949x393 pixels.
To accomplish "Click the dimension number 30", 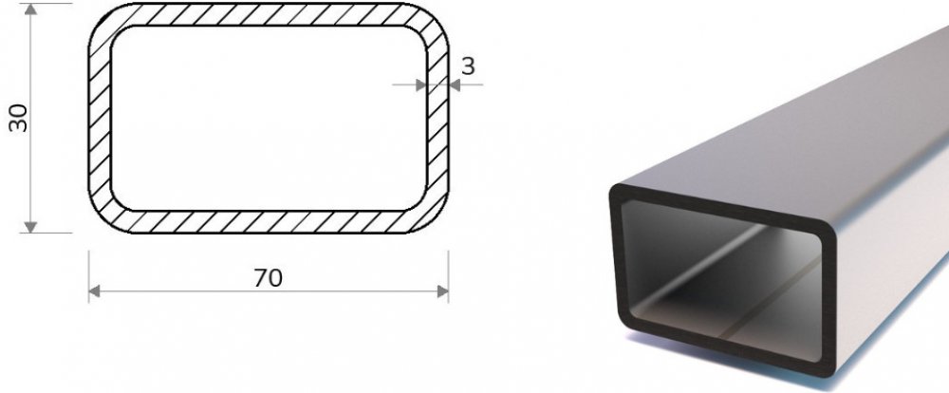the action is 19,118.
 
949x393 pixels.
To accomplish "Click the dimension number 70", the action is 269,278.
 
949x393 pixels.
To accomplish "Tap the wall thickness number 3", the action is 468,66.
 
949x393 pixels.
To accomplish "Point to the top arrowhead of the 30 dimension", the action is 31,9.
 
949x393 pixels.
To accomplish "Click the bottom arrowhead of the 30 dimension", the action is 31,227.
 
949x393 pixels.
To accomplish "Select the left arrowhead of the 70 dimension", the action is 94,291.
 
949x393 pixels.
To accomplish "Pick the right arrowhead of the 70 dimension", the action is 442,291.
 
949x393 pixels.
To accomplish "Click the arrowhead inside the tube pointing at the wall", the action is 421,85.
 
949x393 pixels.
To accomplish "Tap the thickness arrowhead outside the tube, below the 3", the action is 455,85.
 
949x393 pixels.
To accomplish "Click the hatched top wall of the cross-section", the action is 269,14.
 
